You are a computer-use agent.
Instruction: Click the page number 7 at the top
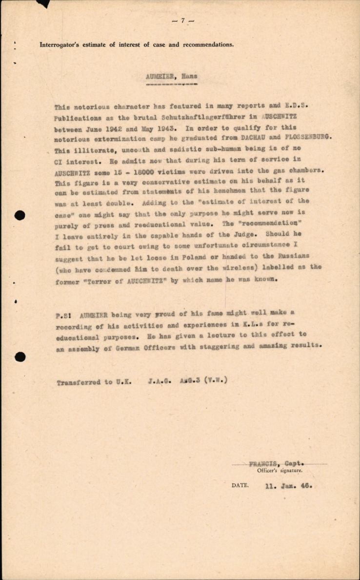coord(183,21)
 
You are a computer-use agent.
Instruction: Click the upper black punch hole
coord(20,215)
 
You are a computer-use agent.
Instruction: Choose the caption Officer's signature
coord(280,471)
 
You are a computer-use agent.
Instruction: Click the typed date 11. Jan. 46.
coord(289,486)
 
